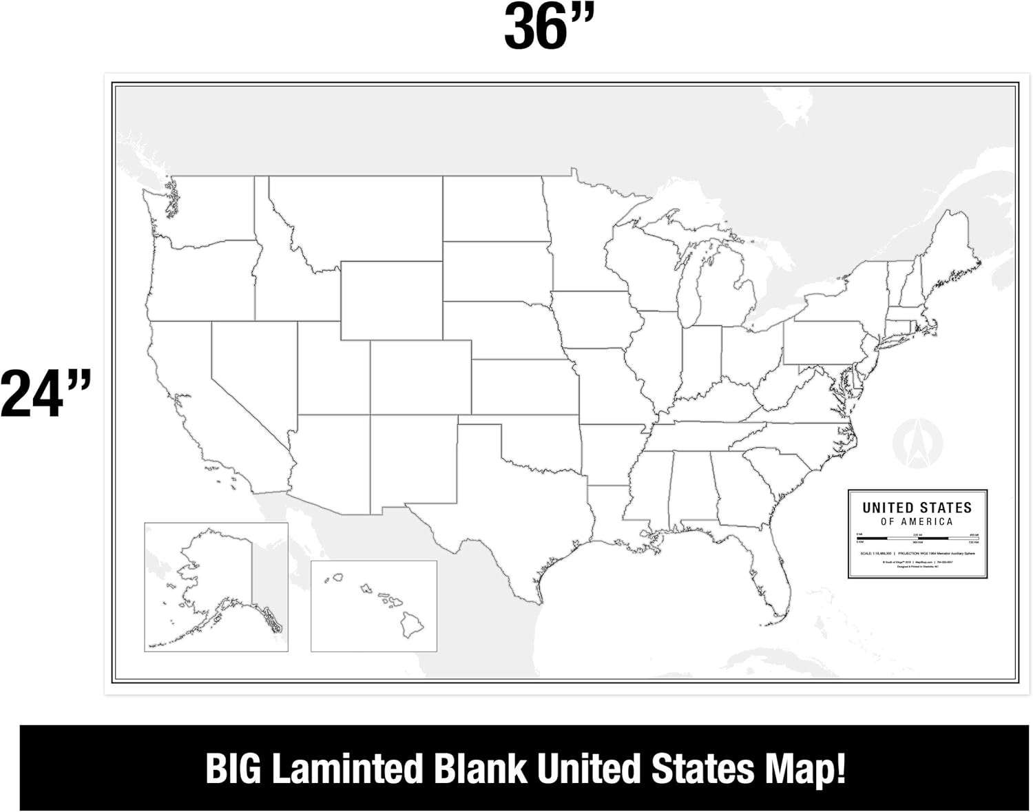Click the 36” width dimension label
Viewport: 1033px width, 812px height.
[548, 28]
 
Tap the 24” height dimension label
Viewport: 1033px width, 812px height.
[45, 394]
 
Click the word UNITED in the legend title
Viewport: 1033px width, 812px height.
[885, 508]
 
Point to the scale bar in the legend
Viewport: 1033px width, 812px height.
[917, 538]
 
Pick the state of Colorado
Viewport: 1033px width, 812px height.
[420, 377]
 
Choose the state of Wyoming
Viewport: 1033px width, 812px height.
[391, 300]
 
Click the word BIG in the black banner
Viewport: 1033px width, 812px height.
[234, 769]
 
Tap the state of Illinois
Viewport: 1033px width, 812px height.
[658, 358]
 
